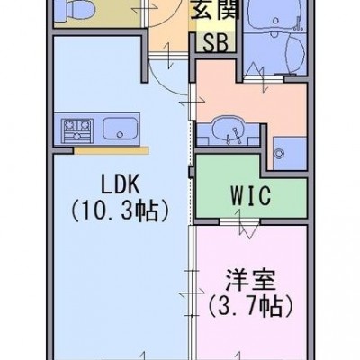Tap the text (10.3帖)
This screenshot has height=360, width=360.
[x=120, y=211]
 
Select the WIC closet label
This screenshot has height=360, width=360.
[x=251, y=195]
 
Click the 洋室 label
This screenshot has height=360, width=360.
[x=250, y=280]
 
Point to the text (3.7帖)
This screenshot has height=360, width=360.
[x=250, y=307]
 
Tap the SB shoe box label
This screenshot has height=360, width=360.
[x=216, y=42]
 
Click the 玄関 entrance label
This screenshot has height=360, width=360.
[x=215, y=11]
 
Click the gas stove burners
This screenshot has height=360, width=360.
[x=77, y=130]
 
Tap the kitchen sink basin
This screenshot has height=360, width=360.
[x=121, y=128]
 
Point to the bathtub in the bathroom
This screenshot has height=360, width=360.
[x=275, y=13]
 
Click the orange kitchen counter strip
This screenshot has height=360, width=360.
[x=112, y=150]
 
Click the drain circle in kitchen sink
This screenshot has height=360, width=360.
[x=120, y=133]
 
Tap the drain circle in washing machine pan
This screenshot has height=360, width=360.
[x=280, y=152]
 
